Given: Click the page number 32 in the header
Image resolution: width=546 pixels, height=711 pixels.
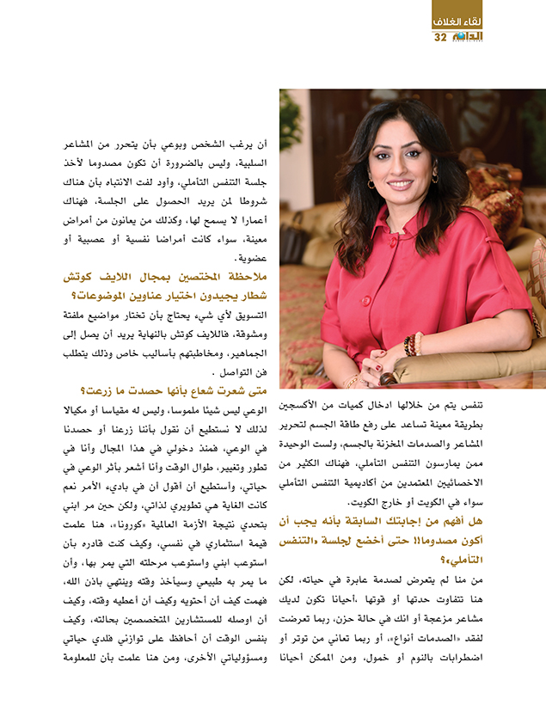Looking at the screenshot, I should click(440, 38).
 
